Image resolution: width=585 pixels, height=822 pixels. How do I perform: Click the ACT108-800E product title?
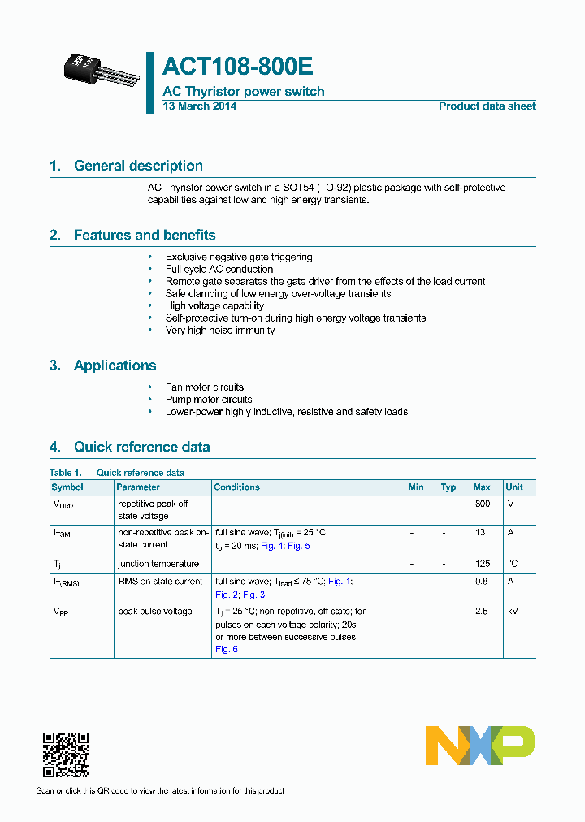238,67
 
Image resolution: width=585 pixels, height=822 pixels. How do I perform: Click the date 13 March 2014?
200,106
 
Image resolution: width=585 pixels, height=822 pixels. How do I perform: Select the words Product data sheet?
487,106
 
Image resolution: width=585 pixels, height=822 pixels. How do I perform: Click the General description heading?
138,166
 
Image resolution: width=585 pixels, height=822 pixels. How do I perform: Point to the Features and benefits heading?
145,236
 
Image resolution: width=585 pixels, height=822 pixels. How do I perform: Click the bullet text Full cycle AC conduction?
219,269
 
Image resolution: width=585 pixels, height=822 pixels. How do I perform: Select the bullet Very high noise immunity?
220,331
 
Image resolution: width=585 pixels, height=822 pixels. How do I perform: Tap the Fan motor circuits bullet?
205,387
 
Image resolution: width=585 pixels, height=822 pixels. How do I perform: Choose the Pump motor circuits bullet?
209,400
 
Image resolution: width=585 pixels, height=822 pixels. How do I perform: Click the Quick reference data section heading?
141,447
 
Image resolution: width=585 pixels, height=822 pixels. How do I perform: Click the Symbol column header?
67,487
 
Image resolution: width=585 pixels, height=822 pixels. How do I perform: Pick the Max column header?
482,487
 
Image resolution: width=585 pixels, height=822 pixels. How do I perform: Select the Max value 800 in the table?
482,504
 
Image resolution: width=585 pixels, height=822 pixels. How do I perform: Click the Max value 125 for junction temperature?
482,564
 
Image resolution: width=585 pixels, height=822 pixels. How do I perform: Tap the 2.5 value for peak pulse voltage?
482,612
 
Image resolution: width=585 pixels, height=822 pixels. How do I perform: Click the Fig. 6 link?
227,649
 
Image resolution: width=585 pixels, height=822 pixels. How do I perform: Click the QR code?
65,755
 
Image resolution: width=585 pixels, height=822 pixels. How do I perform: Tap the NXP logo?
479,746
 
